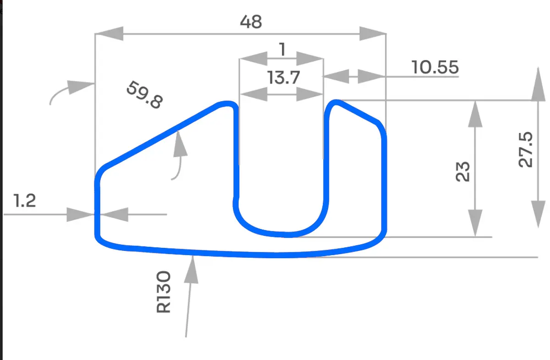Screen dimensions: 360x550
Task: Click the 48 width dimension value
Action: pos(251,21)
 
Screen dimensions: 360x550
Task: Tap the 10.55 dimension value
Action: pos(434,67)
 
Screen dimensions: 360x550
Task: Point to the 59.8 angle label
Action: pos(144,95)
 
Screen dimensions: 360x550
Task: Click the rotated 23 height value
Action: pos(464,171)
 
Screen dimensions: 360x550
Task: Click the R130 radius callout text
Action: pos(164,292)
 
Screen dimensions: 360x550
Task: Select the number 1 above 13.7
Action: pos(282,49)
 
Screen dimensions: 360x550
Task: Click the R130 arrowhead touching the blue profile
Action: pos(193,266)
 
